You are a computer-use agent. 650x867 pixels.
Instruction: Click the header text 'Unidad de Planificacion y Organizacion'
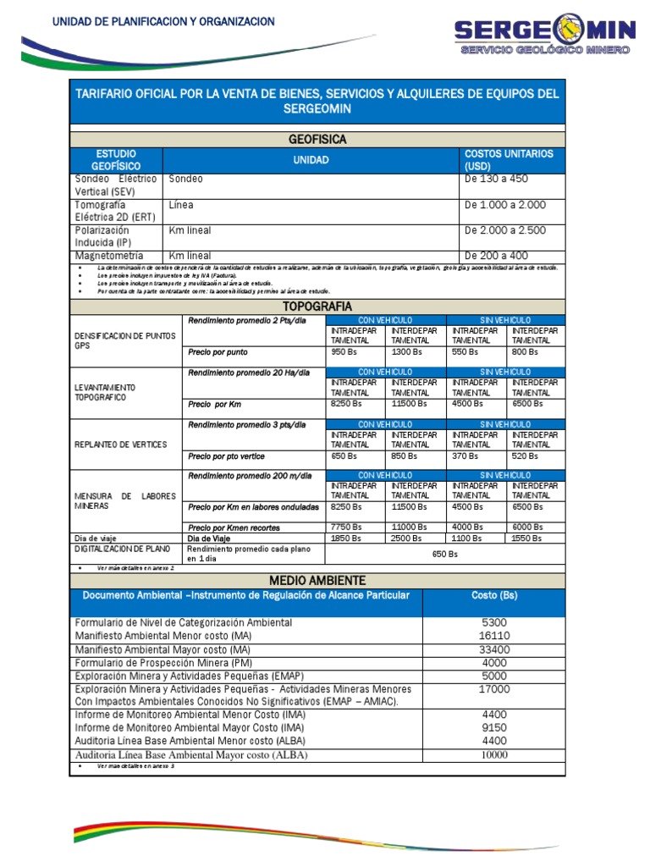(x=164, y=21)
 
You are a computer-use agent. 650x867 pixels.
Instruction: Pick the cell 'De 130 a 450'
(x=495, y=179)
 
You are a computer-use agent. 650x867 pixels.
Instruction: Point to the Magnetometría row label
(x=108, y=256)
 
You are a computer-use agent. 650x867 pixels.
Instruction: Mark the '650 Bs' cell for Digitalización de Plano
(x=444, y=554)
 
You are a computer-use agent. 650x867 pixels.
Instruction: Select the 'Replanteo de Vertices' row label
(x=121, y=445)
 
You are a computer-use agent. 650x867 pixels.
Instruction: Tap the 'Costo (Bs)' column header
(x=493, y=596)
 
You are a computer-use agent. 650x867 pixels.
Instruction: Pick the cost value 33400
(x=493, y=649)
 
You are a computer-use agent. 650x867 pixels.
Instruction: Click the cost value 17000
(x=493, y=689)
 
